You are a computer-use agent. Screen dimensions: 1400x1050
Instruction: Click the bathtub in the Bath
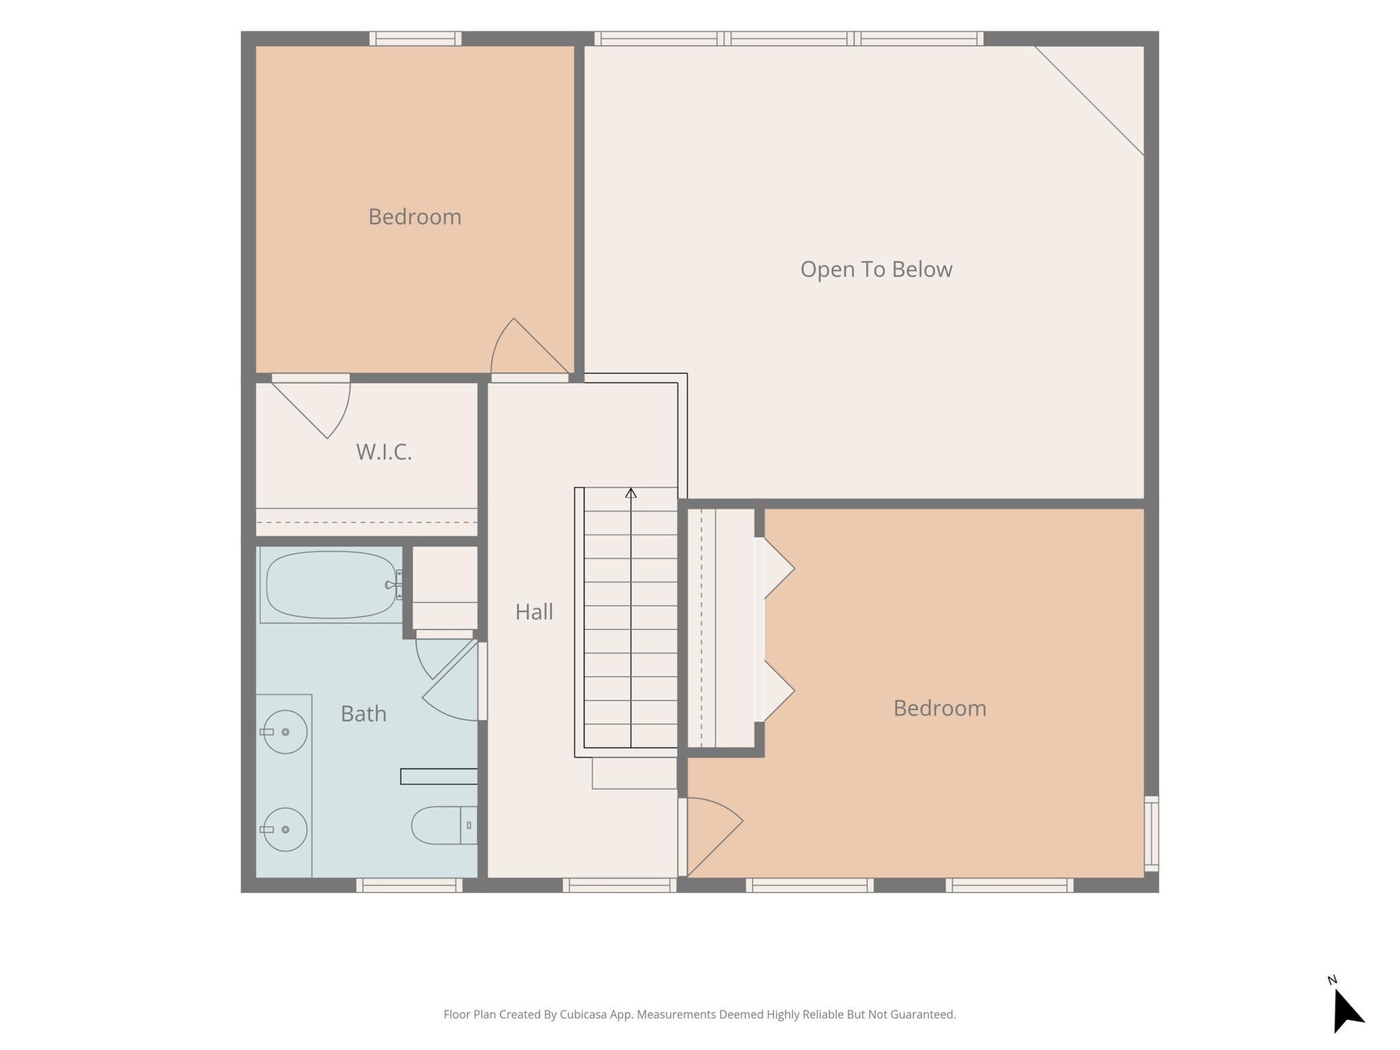coord(331,584)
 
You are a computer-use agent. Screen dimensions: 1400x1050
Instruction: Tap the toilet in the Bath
coord(444,825)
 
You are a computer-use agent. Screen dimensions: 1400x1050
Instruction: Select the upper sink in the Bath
coord(284,732)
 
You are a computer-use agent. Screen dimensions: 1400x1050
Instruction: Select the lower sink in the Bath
coord(284,829)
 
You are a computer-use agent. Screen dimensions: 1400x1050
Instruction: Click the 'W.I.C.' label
coord(384,452)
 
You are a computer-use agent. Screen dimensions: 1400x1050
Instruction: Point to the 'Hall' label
coord(534,612)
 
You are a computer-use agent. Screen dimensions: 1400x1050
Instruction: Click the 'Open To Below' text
coord(876,269)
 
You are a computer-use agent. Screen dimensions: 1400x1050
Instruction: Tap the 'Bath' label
coord(363,713)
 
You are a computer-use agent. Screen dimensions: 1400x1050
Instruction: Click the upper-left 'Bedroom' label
coord(415,217)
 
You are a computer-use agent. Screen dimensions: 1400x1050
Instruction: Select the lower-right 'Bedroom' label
coord(940,708)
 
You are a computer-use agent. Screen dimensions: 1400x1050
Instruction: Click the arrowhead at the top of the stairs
coord(631,493)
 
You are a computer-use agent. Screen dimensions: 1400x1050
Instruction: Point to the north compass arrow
coord(1347,1010)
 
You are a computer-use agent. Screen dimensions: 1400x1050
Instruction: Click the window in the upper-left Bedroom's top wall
coord(415,38)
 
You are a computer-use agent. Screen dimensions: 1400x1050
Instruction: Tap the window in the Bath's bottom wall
coord(409,885)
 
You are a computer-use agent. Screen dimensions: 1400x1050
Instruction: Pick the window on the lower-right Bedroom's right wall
coord(1152,834)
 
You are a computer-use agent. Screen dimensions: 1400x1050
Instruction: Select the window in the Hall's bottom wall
coord(619,885)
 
